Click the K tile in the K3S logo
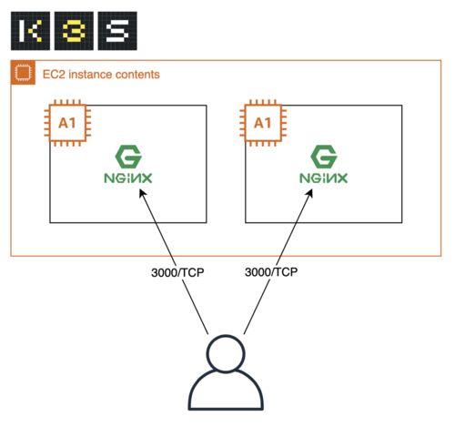click(30, 31)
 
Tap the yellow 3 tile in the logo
click(74, 31)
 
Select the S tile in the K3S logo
click(117, 31)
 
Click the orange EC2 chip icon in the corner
click(23, 73)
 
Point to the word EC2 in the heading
click(54, 75)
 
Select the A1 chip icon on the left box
click(67, 123)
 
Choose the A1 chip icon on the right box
click(263, 123)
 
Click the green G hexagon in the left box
click(128, 157)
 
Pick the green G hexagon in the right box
click(324, 157)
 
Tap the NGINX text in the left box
click(128, 178)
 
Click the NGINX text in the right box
click(324, 178)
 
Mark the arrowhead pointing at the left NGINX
click(142, 193)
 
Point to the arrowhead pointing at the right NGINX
click(309, 193)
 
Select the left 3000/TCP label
click(177, 272)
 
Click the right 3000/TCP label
click(271, 272)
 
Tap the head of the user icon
click(226, 353)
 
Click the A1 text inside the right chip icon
click(262, 123)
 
